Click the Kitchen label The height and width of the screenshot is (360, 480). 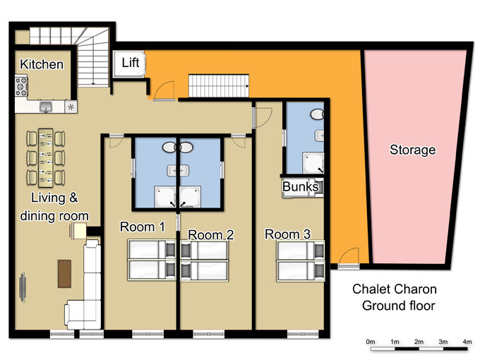point(42,64)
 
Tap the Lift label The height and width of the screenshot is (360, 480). point(131,63)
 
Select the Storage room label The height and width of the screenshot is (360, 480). point(412,150)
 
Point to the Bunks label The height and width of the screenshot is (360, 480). point(300,186)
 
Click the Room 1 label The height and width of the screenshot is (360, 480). point(143,227)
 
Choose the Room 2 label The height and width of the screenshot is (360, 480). point(210,235)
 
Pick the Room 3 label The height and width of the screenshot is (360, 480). point(287,234)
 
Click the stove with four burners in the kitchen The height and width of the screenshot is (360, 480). point(21,87)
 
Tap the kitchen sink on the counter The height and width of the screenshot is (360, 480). point(46,107)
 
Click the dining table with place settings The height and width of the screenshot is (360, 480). point(46,157)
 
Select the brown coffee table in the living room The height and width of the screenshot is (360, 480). point(65,274)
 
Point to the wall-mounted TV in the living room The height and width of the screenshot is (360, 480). point(23,287)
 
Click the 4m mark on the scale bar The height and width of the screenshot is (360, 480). point(467,342)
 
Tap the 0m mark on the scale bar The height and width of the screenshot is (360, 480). point(371,342)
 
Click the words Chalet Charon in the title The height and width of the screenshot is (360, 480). point(395,289)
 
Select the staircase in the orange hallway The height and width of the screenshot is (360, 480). point(219,85)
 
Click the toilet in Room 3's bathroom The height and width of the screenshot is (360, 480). point(318,114)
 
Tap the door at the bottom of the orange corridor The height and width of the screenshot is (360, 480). point(349,258)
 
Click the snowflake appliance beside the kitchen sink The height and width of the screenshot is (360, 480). point(71,107)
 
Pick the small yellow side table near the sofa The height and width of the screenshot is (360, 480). point(78,231)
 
